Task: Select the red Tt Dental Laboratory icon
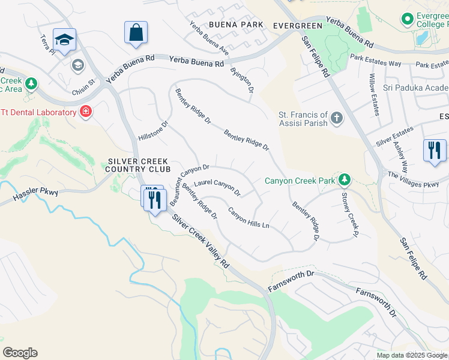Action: tap(86, 112)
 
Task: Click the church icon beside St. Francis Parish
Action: tap(337, 118)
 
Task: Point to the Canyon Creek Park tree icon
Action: tap(344, 179)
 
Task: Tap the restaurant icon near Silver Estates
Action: tap(435, 150)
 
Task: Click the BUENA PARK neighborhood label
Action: tap(236, 25)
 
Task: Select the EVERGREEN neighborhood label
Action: tap(294, 26)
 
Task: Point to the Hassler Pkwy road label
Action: tap(35, 193)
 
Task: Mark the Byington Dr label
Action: tap(242, 79)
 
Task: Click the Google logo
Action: tap(20, 353)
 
